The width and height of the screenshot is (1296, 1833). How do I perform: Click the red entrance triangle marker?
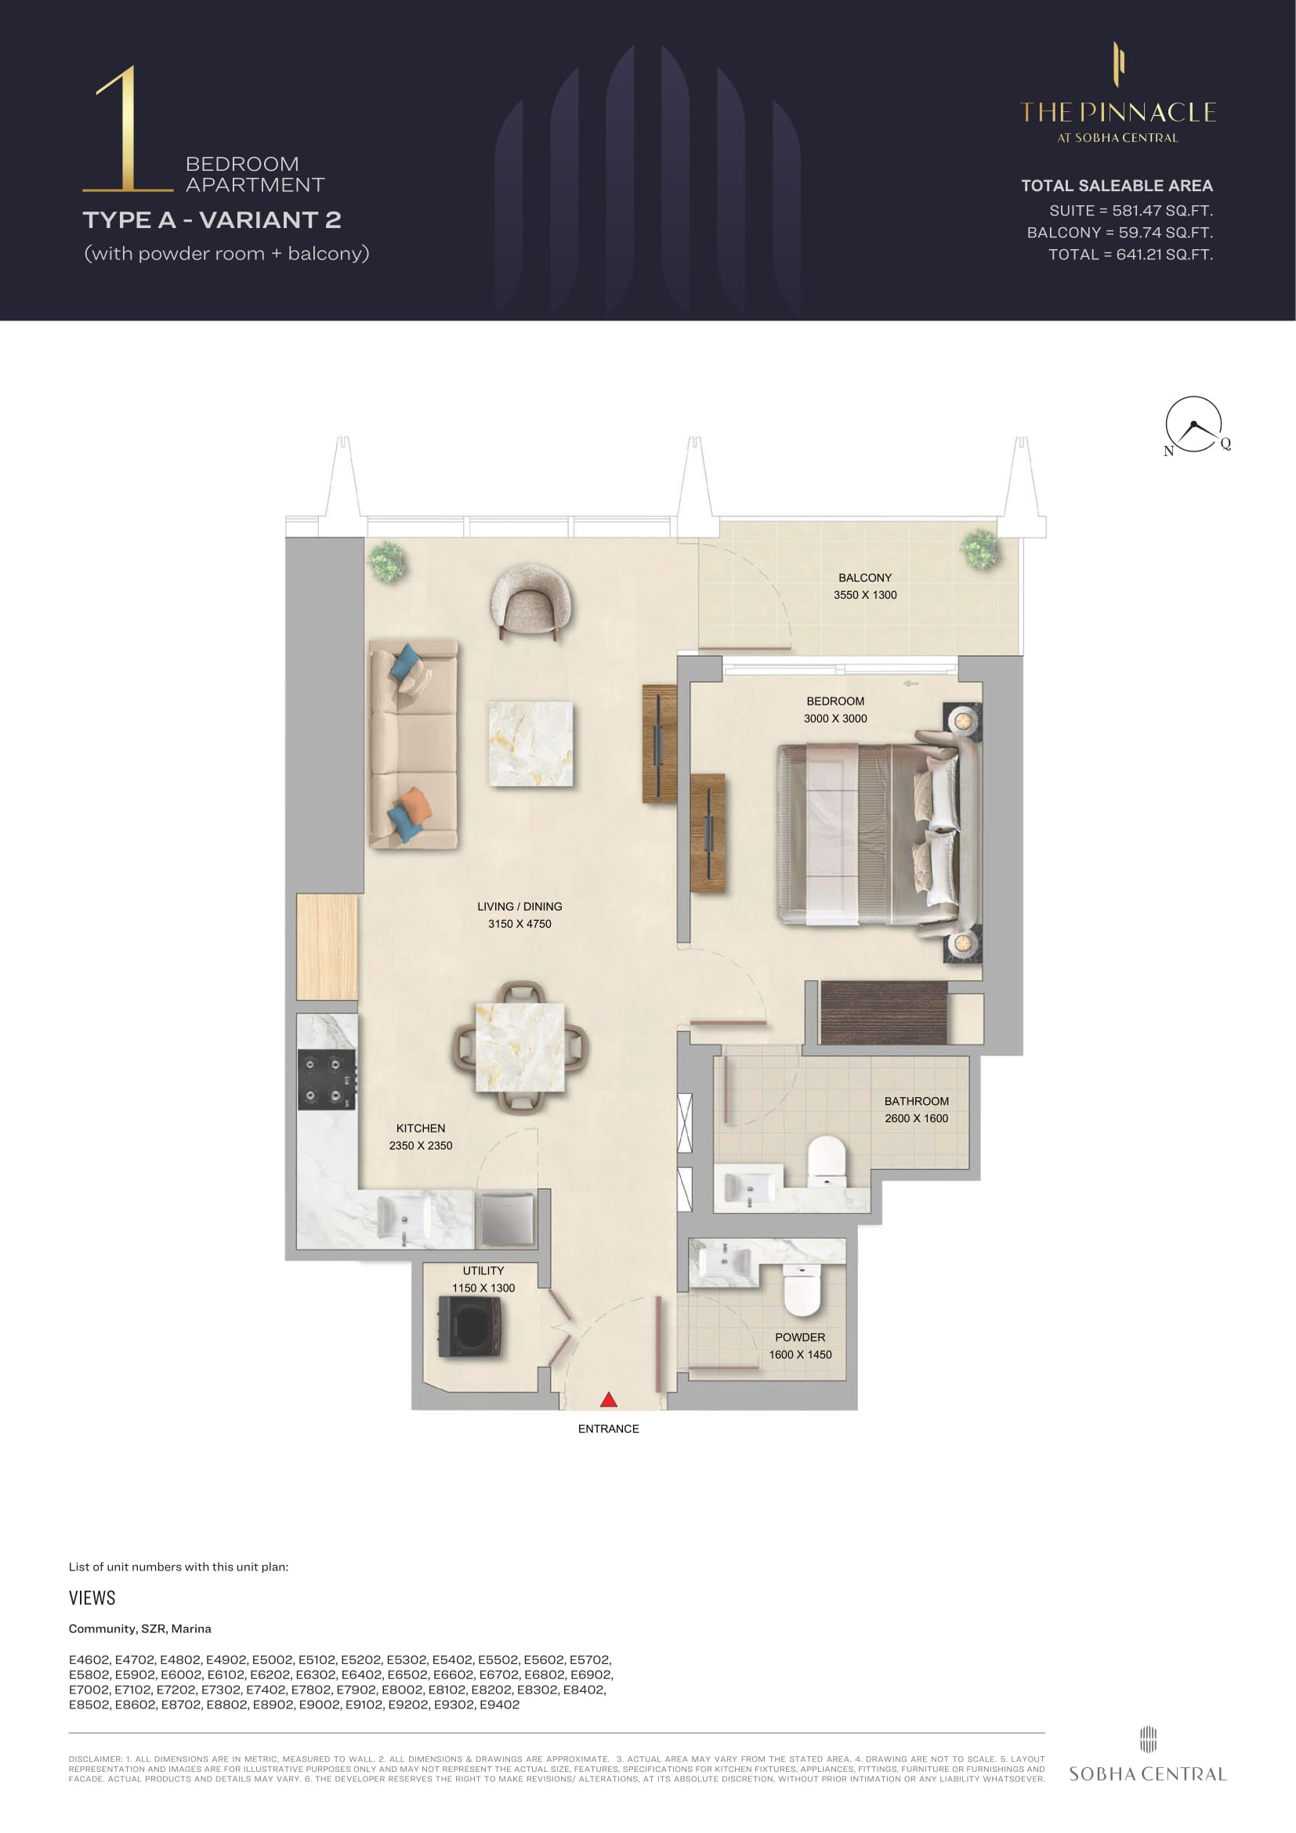[x=609, y=1399]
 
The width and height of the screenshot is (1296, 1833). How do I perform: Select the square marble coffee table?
[x=530, y=743]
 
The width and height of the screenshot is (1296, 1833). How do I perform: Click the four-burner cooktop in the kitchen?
[x=328, y=1079]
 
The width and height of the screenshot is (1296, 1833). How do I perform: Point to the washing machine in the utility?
[x=471, y=1326]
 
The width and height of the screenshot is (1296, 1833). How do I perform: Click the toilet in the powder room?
[x=802, y=1290]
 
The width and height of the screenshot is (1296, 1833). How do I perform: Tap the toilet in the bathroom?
[x=827, y=1161]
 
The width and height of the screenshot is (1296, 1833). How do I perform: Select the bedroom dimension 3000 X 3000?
[x=835, y=719]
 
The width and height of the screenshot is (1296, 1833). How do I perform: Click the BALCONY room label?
[x=865, y=578]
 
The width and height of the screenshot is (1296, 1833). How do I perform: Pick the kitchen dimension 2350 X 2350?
[x=421, y=1146]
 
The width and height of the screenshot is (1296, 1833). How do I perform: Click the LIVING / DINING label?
[x=519, y=906]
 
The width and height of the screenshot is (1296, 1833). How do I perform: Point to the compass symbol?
[x=1195, y=426]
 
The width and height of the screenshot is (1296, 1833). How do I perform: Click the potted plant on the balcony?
[x=980, y=549]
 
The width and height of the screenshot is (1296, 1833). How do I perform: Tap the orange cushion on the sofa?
[x=415, y=802]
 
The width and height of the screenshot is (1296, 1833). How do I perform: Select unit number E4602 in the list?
[x=89, y=1660]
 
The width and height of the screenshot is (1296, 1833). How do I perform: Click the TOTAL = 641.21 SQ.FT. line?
[x=1131, y=255]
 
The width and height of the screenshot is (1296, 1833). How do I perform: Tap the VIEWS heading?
[x=92, y=1597]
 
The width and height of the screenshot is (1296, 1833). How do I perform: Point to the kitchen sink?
[x=404, y=1219]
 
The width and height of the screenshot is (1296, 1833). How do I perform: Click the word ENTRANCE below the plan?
[x=609, y=1429]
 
